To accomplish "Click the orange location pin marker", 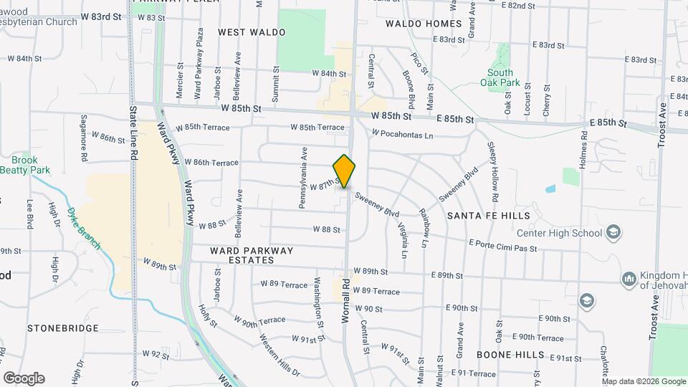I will click(x=345, y=171).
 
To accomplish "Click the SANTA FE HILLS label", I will click(x=488, y=215).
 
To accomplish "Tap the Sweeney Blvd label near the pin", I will click(x=376, y=207).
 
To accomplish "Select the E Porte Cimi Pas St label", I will click(x=502, y=246).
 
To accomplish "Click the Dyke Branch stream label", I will click(x=84, y=227).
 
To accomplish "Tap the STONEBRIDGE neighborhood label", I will click(x=63, y=328).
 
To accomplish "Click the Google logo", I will click(x=24, y=378).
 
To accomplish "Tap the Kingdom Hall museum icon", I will click(x=629, y=279).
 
